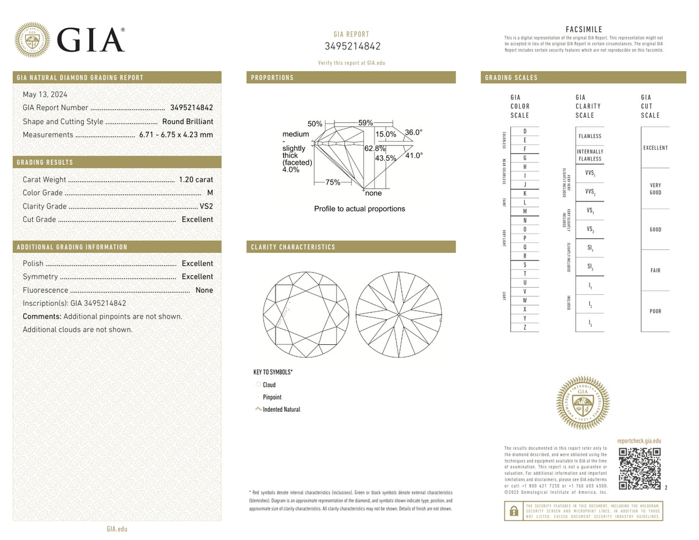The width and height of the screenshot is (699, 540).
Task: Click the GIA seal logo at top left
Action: point(32,40)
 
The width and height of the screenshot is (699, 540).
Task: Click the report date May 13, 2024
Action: point(45,94)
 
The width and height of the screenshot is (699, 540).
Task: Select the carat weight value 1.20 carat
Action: point(196,179)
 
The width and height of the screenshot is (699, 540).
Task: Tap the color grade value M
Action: point(210,193)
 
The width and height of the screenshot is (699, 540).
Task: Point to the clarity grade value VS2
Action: point(206,206)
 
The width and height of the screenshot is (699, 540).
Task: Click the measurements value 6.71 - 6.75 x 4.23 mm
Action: point(176,135)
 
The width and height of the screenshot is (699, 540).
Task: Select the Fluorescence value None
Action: point(204,290)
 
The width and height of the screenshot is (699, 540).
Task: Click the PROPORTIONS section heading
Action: point(272,77)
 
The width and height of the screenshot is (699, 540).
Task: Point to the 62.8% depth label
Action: point(375,149)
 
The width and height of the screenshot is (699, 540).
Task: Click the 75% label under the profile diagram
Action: point(333,182)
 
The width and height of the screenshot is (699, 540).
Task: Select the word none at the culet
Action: point(373,193)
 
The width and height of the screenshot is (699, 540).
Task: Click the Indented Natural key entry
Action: point(281,410)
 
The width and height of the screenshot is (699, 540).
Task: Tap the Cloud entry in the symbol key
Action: point(269,385)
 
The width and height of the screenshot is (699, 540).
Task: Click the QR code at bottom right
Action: point(639,469)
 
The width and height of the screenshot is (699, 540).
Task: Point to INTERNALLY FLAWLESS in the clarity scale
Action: point(589,155)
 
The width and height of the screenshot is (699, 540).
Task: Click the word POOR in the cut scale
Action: point(655,312)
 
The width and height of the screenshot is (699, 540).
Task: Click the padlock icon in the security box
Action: point(514,511)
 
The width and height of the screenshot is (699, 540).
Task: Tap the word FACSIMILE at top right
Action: point(584,30)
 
